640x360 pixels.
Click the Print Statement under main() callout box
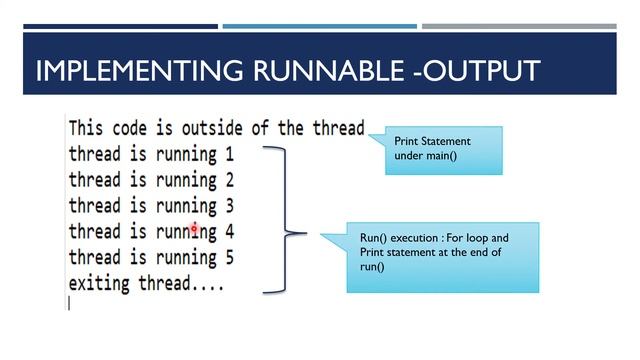(x=441, y=149)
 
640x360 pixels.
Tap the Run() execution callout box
(x=442, y=257)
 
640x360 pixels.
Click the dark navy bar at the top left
(x=120, y=26)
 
